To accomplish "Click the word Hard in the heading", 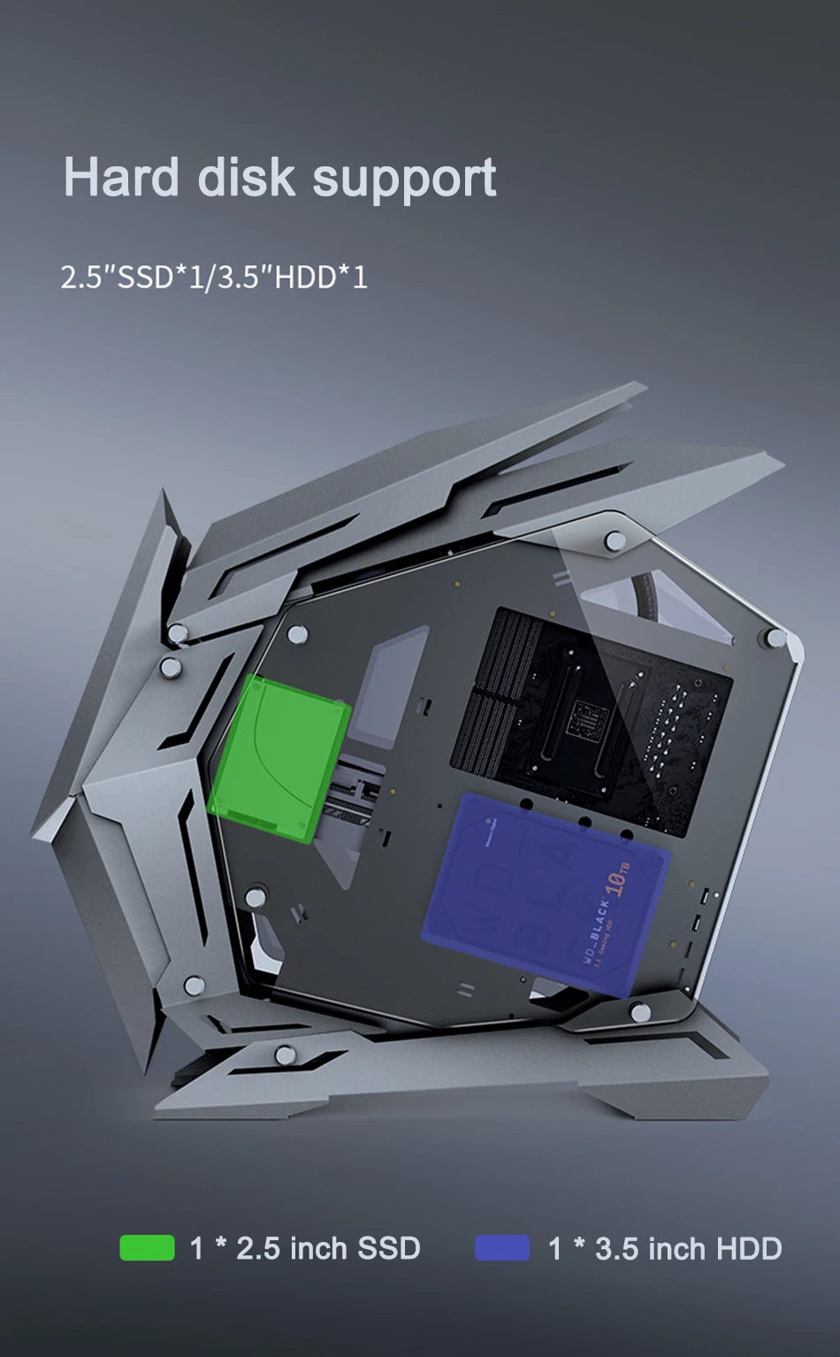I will click(121, 177).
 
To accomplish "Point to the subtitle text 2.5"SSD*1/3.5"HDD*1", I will click(214, 277).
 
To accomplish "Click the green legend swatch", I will click(147, 1247).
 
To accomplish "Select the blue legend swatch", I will click(502, 1247).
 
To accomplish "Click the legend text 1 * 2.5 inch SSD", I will click(305, 1248).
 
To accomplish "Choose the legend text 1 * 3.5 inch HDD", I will click(665, 1248).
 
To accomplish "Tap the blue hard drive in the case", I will click(548, 893).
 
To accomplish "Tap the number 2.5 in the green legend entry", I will click(258, 1248).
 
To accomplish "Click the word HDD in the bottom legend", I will click(749, 1248).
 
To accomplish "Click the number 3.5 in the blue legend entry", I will click(617, 1248).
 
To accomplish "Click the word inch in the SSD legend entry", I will click(318, 1248).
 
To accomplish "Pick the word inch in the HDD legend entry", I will click(677, 1248).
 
